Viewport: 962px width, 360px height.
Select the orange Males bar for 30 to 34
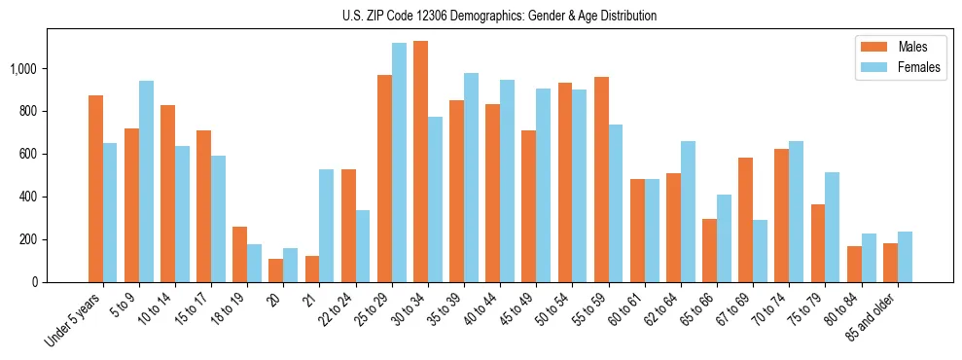420,162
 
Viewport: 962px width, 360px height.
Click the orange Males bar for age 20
276,270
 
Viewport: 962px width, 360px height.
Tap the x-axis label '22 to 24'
338,311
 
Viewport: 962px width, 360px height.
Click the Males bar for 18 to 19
239,254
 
